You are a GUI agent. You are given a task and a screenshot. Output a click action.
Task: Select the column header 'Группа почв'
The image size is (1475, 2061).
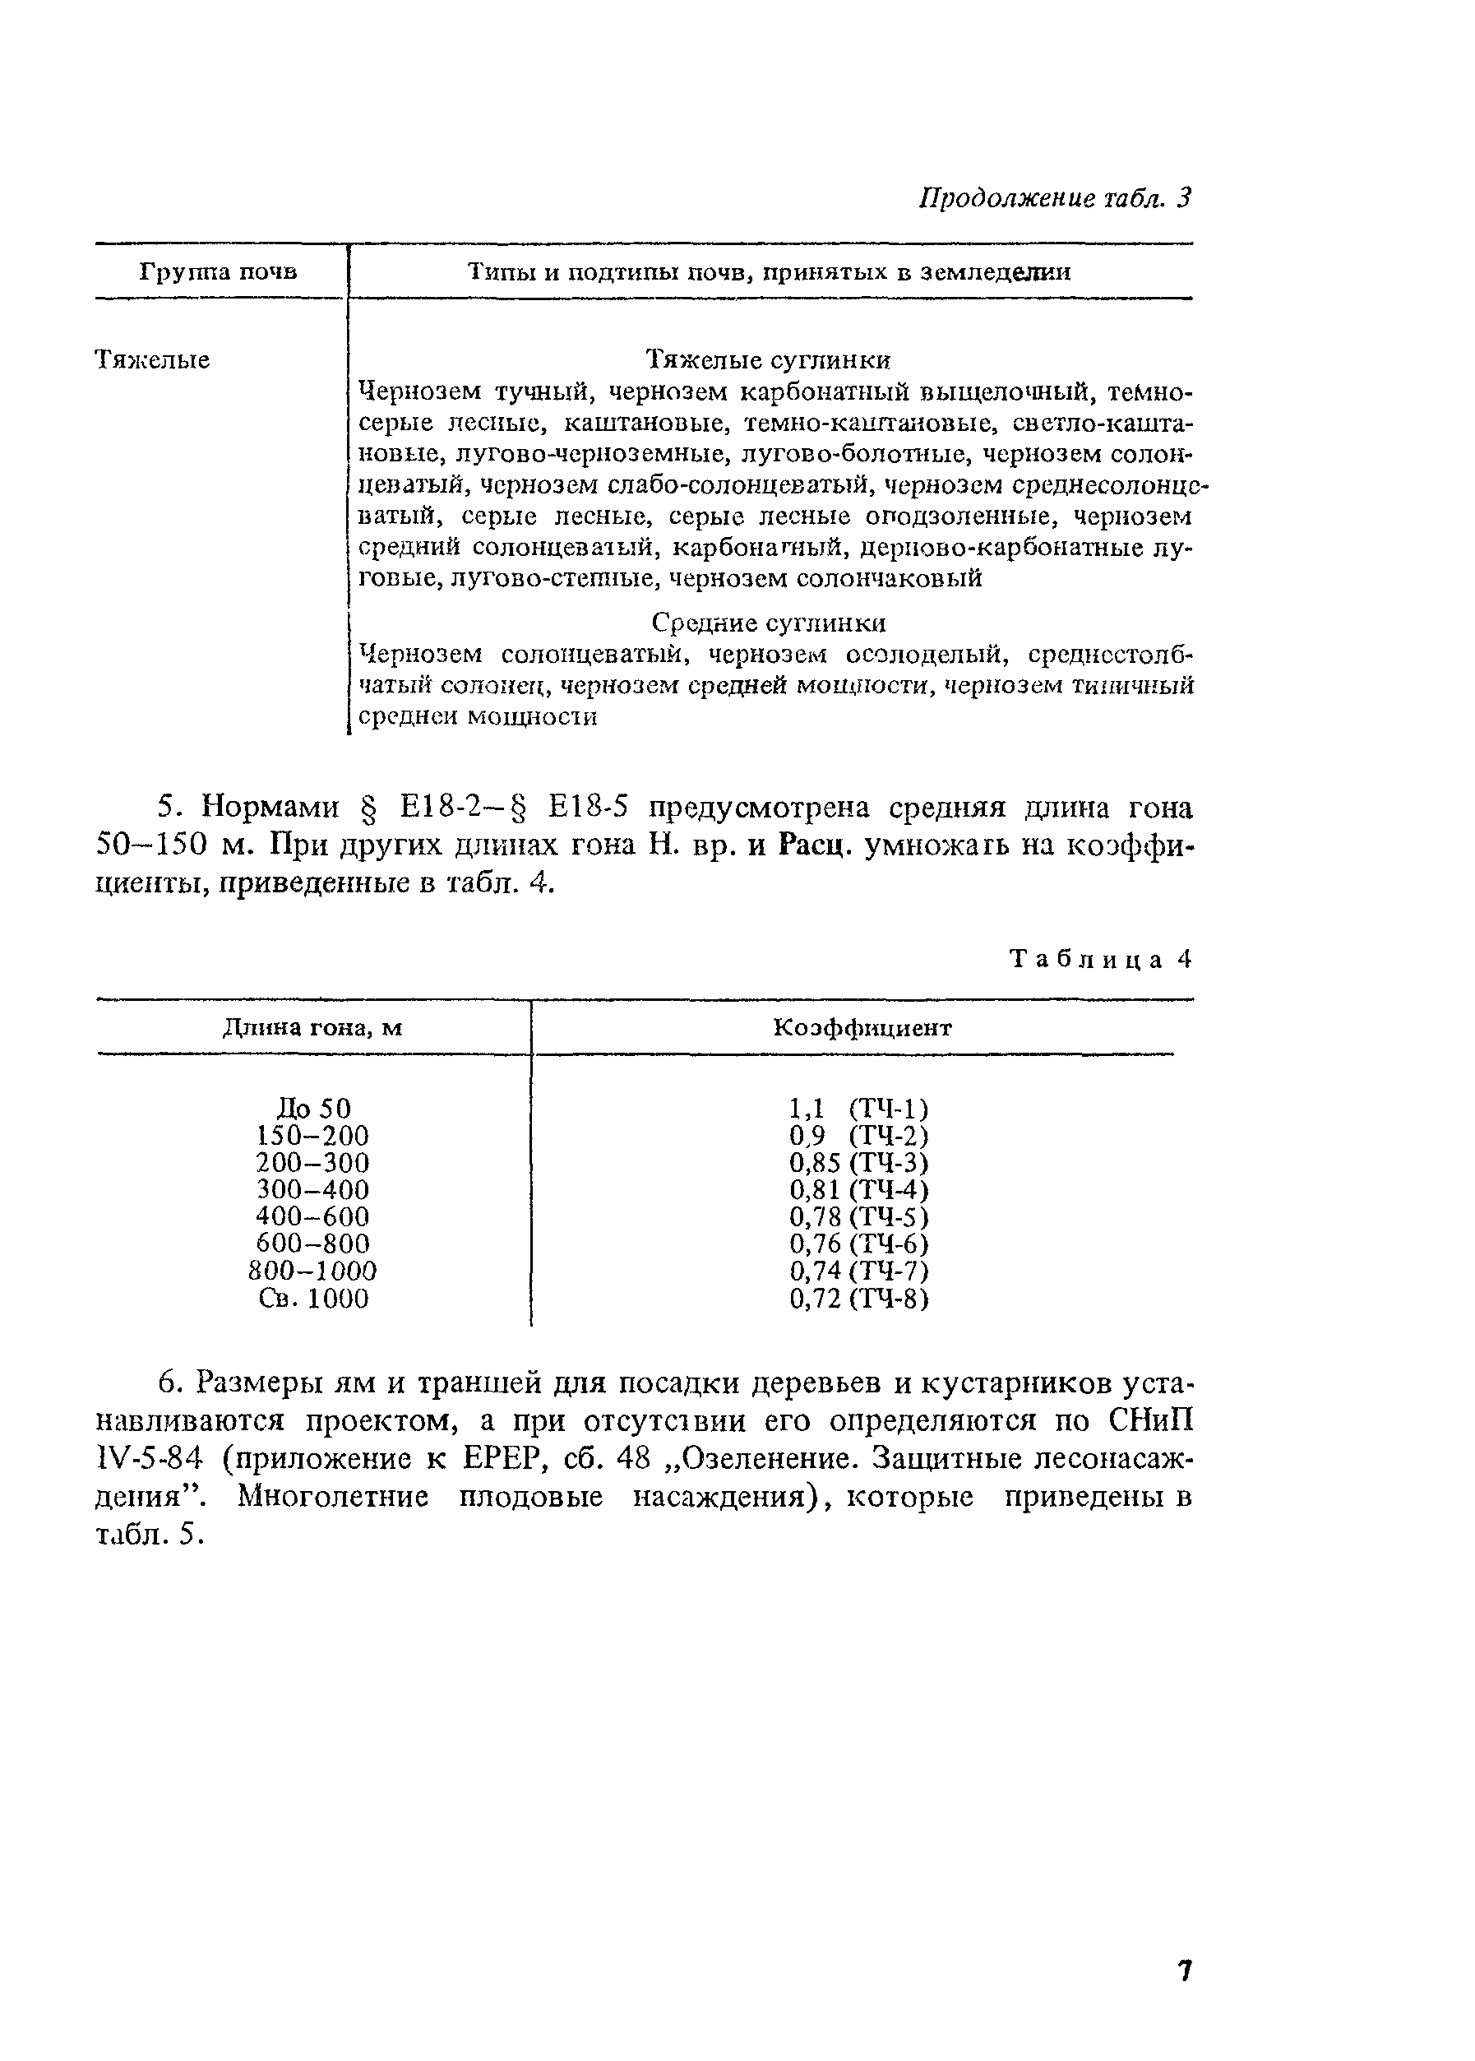(x=218, y=271)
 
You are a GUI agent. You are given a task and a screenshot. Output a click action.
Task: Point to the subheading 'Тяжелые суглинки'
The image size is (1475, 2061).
(x=767, y=360)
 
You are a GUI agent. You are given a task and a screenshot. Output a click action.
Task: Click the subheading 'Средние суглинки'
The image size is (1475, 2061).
(x=769, y=623)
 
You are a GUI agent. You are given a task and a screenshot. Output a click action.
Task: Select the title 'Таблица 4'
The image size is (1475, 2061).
(x=1100, y=959)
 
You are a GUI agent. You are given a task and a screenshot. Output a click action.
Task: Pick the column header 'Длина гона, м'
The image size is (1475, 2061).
(x=312, y=1027)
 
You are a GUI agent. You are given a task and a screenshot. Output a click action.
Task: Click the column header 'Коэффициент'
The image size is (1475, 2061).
(x=862, y=1027)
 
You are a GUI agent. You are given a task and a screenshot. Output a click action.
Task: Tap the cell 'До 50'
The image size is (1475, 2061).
(x=313, y=1108)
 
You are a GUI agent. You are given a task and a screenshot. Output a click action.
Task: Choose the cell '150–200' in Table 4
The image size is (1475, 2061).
(x=313, y=1136)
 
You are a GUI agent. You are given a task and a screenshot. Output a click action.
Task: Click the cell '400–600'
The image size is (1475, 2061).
(x=313, y=1216)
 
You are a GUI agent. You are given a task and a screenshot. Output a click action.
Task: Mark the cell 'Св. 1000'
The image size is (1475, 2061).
(x=313, y=1299)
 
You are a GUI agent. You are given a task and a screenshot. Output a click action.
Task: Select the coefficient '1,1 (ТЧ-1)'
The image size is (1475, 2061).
(x=858, y=1108)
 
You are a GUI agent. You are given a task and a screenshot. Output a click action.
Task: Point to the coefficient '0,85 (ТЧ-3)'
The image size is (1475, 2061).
(x=858, y=1163)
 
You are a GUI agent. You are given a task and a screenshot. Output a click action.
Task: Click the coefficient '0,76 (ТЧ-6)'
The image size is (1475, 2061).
(x=858, y=1244)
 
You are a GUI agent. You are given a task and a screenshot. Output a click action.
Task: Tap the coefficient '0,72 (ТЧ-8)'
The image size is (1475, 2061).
(x=858, y=1299)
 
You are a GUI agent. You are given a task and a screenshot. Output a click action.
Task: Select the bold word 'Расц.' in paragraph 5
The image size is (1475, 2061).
(x=813, y=845)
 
